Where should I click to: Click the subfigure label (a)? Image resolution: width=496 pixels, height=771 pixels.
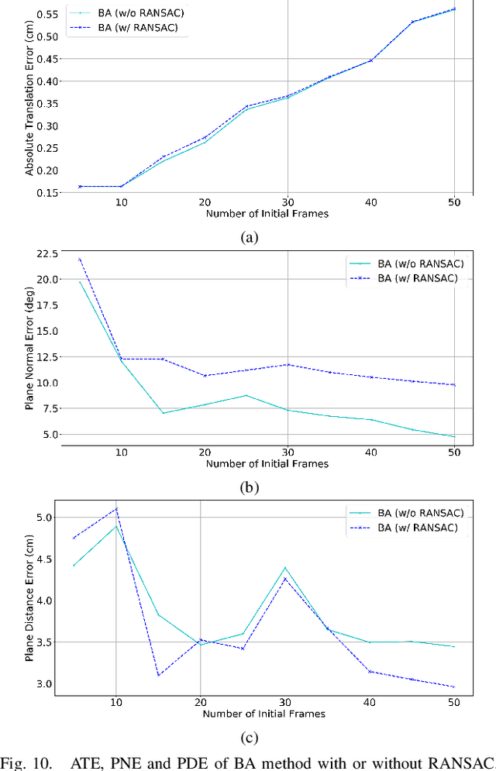click(248, 238)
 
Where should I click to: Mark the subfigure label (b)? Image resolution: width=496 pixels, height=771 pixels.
click(248, 487)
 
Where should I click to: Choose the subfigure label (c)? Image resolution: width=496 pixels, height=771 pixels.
click(248, 737)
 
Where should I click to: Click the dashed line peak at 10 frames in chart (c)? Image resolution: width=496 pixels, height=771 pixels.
click(116, 509)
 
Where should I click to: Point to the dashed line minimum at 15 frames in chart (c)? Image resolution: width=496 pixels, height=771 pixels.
click(158, 675)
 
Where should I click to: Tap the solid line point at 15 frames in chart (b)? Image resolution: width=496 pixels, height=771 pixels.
click(163, 413)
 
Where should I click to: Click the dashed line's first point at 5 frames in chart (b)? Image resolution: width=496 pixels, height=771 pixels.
click(79, 260)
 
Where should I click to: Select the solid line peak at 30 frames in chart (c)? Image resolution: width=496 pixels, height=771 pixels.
click(285, 568)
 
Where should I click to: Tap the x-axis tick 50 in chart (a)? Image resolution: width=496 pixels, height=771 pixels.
click(454, 201)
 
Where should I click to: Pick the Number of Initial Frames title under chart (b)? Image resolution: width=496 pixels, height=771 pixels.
click(267, 464)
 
